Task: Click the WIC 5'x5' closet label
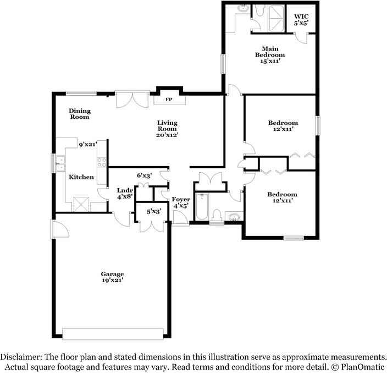click(x=301, y=20)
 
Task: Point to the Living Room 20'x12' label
click(x=167, y=128)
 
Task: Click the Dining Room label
click(x=79, y=114)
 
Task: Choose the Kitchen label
click(x=81, y=177)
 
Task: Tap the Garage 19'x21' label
click(x=112, y=277)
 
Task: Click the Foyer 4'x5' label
click(x=181, y=202)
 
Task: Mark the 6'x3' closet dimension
click(x=144, y=175)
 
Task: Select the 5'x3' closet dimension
click(x=153, y=211)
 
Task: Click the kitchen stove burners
click(x=102, y=162)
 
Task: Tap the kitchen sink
click(x=61, y=164)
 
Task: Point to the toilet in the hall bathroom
click(x=217, y=215)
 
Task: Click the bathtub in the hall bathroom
click(x=202, y=207)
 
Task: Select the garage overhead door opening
click(x=113, y=334)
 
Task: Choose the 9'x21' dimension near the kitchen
click(x=87, y=145)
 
